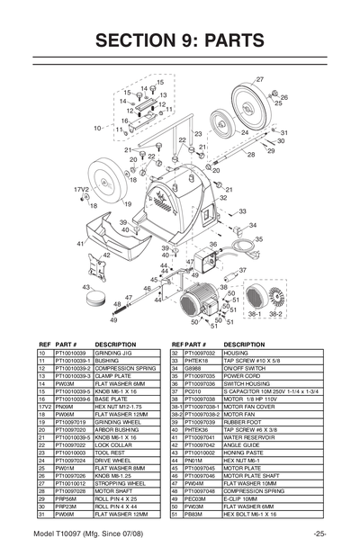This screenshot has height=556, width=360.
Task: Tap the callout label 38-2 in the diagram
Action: pyautogui.click(x=275, y=316)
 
